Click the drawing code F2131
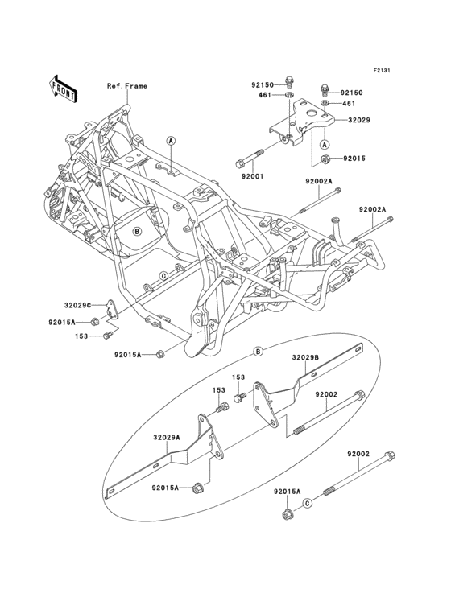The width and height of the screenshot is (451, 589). click(382, 71)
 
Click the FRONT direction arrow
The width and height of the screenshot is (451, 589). click(64, 88)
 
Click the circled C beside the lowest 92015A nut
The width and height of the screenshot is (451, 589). click(307, 504)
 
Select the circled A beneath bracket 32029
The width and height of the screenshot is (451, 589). click(325, 144)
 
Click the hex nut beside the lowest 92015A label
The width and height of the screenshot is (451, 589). click(287, 514)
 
